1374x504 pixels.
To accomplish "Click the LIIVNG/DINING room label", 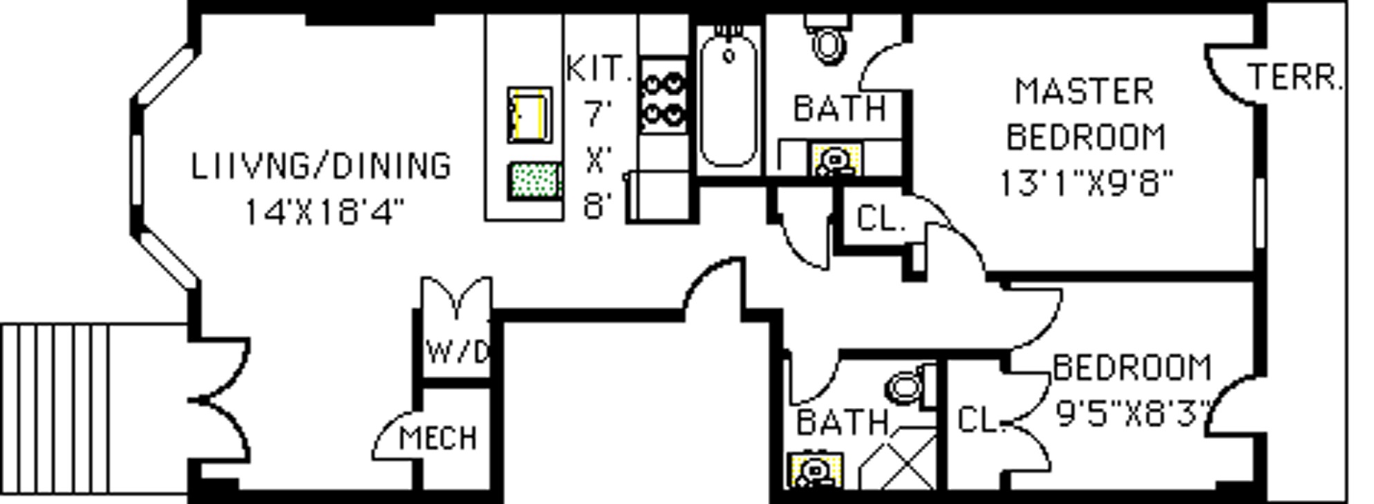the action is pos(321,166).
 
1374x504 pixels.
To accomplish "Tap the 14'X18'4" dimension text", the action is pos(324,211).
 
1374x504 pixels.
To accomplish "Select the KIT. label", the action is pos(599,68).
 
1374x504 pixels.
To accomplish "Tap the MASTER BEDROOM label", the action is pos(1085,114).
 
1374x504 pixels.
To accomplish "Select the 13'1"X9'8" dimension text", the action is pos(1086,183).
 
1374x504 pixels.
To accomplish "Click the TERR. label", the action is pos(1295,77).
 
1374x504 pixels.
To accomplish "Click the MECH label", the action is pos(438,438).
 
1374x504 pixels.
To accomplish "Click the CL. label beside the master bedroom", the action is pos(881,219).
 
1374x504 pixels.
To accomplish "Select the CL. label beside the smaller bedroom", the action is pos(980,420).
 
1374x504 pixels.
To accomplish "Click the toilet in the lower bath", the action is pos(911,386).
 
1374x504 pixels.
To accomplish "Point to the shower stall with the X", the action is pos(898,458).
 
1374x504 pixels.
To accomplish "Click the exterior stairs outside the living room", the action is pos(55,409).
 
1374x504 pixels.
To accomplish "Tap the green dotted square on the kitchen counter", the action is pos(534,181).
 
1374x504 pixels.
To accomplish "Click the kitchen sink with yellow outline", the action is pos(530,115).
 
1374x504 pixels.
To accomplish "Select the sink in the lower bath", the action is pos(816,471).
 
